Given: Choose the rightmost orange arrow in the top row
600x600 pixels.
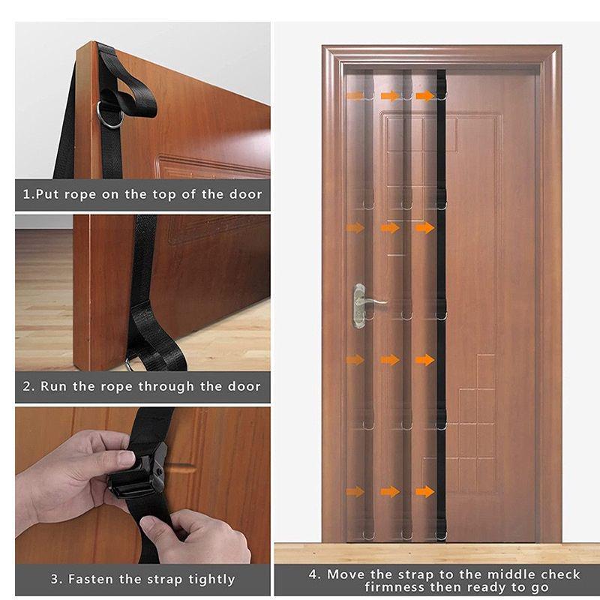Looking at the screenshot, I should pos(425,96).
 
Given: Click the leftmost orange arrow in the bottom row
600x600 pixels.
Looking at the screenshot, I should pos(355,492).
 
